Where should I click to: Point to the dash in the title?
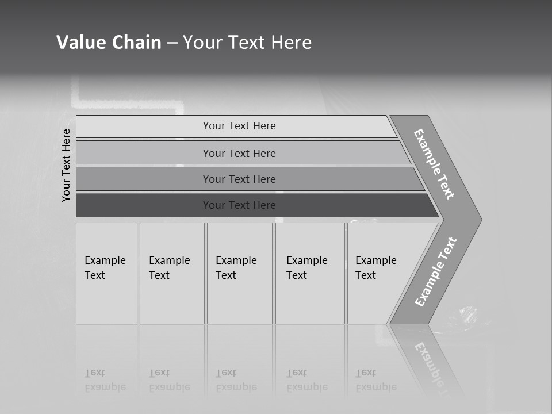point(172,43)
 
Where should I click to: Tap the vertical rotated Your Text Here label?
point(66,165)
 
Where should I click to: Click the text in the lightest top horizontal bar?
point(239,126)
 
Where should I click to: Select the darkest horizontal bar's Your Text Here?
point(239,205)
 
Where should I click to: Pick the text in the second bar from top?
point(239,154)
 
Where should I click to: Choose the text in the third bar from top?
point(239,179)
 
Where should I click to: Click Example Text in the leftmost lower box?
point(105,268)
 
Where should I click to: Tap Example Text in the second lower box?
point(169,268)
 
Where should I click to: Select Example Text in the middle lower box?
point(236,268)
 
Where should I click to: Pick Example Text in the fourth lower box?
point(306,268)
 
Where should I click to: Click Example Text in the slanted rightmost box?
point(375,268)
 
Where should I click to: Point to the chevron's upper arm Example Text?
point(434,164)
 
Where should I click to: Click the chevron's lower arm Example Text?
point(436,272)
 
